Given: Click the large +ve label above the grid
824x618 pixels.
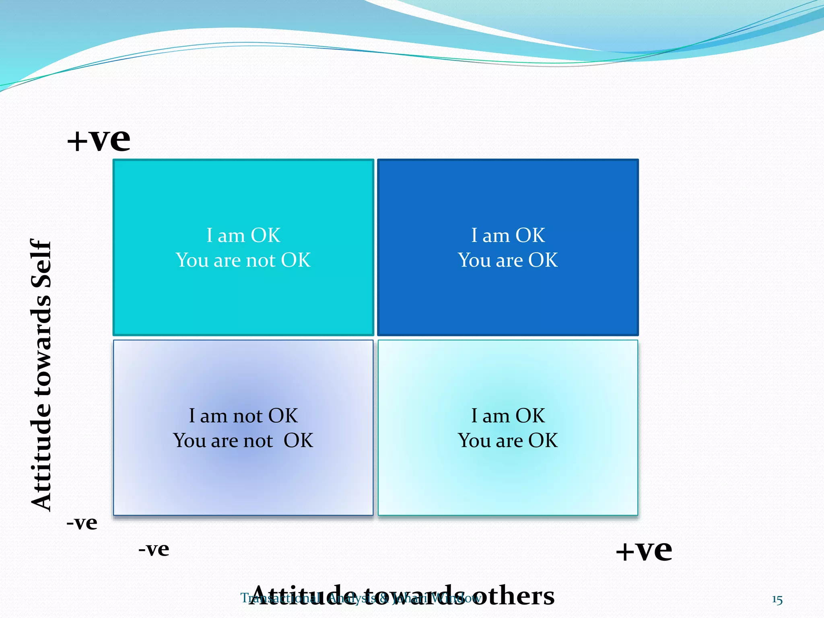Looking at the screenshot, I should click(99, 140).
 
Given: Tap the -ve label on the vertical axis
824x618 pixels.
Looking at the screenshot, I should click(82, 523).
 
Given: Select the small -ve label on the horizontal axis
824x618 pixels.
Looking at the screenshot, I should click(154, 549).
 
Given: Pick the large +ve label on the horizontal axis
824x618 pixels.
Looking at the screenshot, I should click(644, 550).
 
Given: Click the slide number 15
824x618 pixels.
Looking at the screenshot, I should click(777, 600).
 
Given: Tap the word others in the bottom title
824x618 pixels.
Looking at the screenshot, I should click(513, 596).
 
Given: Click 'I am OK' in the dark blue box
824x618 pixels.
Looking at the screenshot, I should click(508, 235).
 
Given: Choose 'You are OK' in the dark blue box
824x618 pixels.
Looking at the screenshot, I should click(508, 260).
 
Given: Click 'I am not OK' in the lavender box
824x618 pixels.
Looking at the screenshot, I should click(243, 416).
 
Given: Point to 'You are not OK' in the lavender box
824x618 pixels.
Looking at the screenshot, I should click(243, 441).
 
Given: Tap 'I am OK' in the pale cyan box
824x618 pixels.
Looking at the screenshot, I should click(508, 416).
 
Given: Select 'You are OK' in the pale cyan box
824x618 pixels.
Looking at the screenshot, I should click(508, 441).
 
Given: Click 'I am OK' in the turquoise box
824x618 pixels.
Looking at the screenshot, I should click(243, 235).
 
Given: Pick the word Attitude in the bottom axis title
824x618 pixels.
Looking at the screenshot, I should click(304, 596).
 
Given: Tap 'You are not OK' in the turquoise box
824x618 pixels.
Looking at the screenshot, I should click(243, 260).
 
